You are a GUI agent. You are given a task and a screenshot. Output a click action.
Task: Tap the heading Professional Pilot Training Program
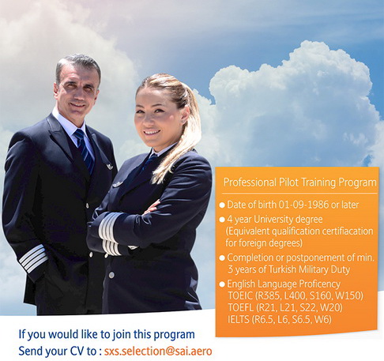pos(298,182)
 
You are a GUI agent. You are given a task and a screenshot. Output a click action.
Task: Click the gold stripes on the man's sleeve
pos(32,258)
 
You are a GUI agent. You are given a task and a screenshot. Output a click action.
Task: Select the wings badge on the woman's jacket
pos(119,184)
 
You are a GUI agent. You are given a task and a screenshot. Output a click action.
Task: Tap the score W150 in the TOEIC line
pos(348,294)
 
